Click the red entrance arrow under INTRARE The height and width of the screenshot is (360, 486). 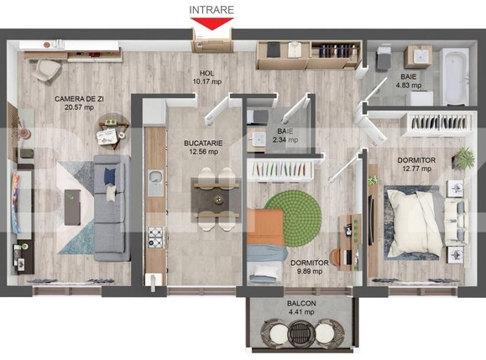[212, 25]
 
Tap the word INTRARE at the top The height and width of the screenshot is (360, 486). [212, 9]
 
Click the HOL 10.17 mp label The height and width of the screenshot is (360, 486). [206, 77]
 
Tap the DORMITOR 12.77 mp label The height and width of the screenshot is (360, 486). [417, 164]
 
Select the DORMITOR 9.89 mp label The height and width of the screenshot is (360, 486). [310, 267]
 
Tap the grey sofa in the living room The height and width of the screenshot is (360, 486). [110, 206]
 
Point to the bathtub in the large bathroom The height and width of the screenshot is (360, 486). [455, 76]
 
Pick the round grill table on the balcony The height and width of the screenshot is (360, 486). [300, 334]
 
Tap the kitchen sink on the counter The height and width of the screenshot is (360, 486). [155, 176]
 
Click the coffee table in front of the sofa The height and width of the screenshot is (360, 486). [74, 201]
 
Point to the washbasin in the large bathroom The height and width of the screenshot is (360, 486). [417, 56]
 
